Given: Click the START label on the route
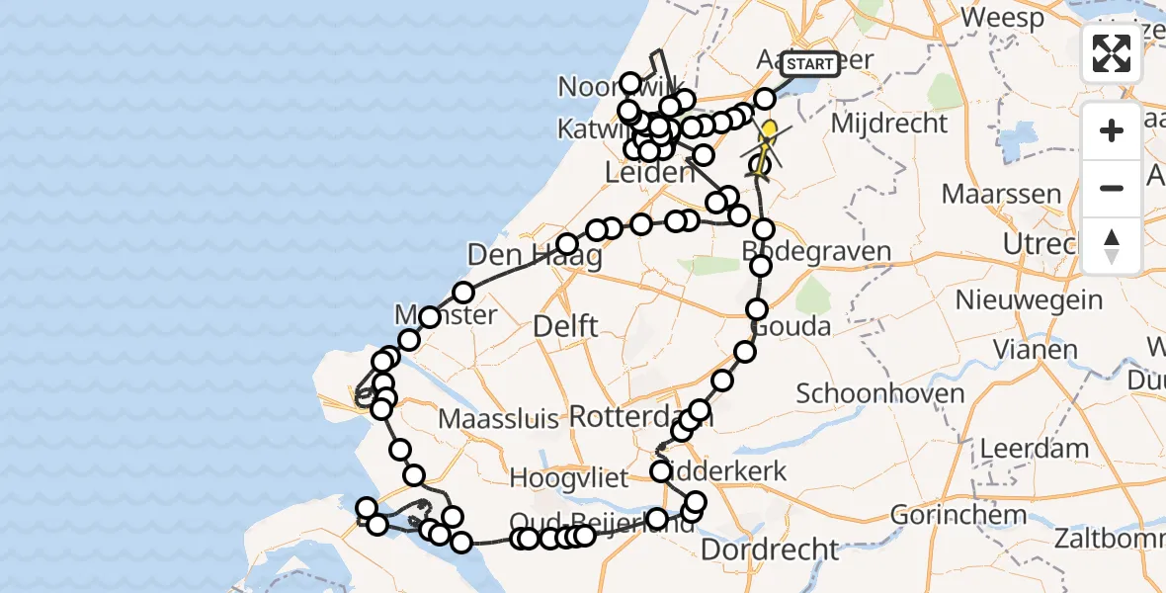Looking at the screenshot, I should tap(809, 64).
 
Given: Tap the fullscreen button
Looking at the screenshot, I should tap(1112, 53).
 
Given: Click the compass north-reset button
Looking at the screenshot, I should tap(1112, 245).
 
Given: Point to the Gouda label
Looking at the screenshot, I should tap(791, 325).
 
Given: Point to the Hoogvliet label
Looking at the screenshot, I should tap(568, 478).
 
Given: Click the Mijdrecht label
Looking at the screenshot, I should tap(889, 124).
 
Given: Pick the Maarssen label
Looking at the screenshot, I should tap(1001, 193).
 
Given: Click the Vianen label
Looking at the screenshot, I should tap(1036, 349).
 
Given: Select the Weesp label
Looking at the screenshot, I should tap(1002, 18).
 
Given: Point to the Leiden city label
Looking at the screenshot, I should tap(649, 173).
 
